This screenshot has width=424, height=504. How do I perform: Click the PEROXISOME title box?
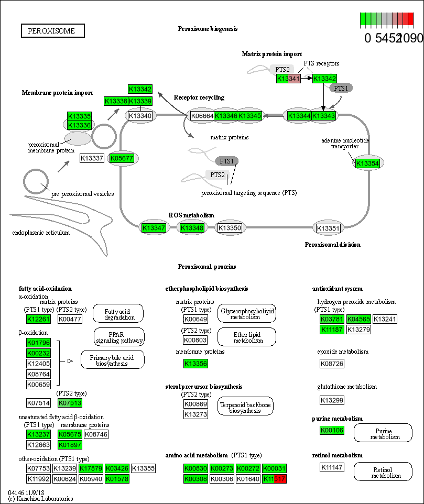tap(52, 31)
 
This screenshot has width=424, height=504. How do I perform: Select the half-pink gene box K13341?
tap(288, 79)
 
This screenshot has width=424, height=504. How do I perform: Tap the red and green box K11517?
tap(275, 479)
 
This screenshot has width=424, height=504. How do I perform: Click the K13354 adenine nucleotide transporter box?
tap(367, 163)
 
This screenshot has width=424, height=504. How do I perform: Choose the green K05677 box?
tap(122, 158)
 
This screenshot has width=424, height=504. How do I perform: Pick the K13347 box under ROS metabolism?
tap(154, 228)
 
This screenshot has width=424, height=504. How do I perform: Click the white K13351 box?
tap(329, 228)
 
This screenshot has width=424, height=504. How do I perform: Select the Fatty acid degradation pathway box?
tap(119, 314)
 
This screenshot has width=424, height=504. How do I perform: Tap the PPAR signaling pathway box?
tap(119, 337)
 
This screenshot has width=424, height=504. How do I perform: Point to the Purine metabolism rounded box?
tap(384, 433)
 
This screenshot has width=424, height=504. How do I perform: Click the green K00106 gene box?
tap(331, 431)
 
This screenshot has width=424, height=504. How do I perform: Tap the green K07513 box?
tap(70, 403)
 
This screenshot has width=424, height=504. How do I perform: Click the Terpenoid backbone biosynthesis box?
tap(245, 407)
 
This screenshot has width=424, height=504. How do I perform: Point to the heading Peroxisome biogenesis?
tap(208, 28)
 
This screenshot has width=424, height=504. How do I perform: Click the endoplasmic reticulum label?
tap(41, 233)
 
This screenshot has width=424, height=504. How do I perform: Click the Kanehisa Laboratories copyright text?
tap(40, 499)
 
